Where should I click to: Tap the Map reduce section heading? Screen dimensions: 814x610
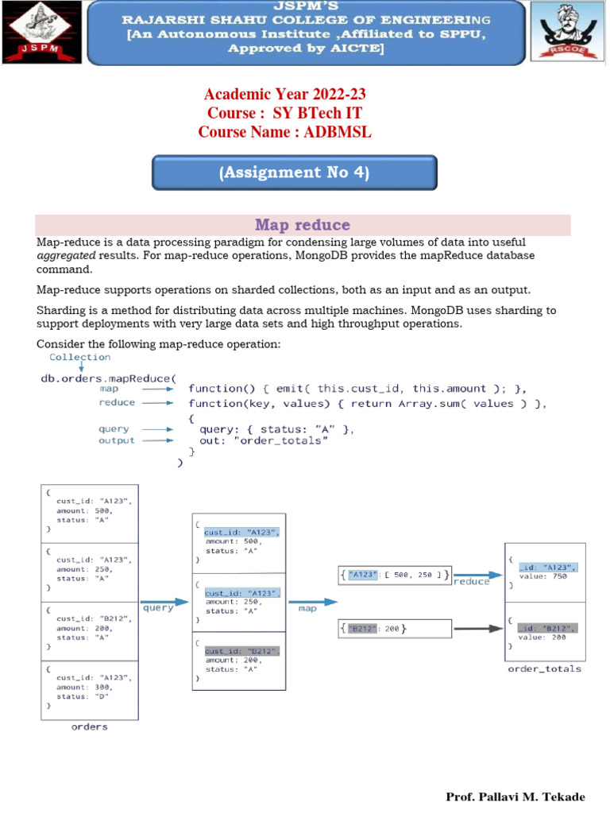coord(302,225)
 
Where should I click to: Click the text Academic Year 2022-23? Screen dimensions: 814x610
coord(285,95)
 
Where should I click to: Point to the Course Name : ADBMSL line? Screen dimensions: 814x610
coord(285,132)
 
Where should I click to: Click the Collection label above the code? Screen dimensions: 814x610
coord(80,357)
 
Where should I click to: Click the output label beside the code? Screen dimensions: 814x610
coord(117,440)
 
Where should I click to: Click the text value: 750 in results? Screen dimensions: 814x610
coord(542,576)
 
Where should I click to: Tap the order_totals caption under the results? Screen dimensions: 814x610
coord(544,669)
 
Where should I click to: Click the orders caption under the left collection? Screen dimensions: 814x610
coord(89,726)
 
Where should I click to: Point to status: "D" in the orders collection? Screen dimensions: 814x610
coord(83,696)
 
